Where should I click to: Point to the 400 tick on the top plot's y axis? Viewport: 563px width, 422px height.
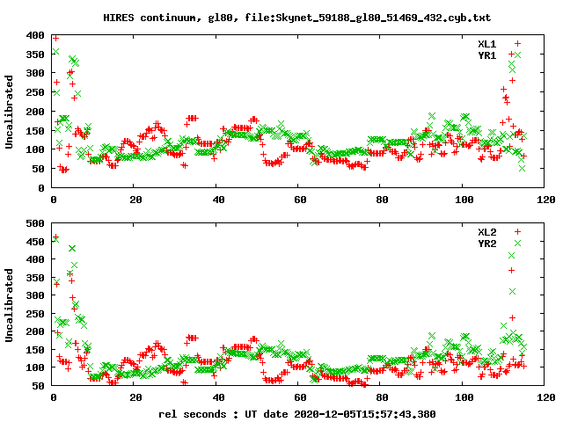(x=35, y=35)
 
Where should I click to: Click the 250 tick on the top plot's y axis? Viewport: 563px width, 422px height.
(x=35, y=92)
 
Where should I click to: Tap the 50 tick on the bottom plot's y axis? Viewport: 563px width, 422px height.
(x=39, y=385)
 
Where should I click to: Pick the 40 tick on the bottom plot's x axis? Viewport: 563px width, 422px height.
(x=217, y=397)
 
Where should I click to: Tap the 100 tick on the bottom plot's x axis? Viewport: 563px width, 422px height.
(x=463, y=397)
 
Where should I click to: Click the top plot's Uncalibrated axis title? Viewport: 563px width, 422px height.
(x=10, y=112)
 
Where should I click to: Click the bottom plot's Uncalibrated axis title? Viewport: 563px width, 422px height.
(x=10, y=304)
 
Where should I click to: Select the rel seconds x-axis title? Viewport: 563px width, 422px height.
(x=296, y=413)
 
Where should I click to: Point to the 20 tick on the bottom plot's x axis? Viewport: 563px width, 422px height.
(x=135, y=397)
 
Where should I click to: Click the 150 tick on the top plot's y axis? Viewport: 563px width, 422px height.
(x=35, y=131)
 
